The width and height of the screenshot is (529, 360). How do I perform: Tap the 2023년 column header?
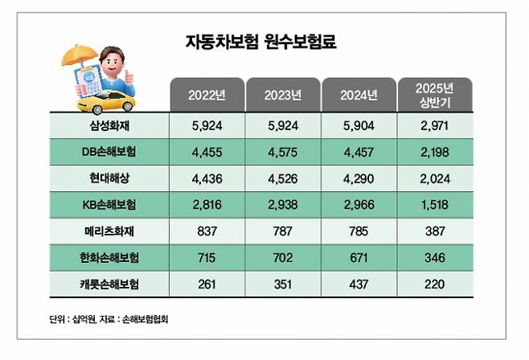pyautogui.click(x=282, y=95)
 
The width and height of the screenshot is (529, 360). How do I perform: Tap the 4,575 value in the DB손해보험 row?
pyautogui.click(x=282, y=152)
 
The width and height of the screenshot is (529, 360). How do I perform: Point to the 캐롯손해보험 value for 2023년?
pyautogui.click(x=282, y=284)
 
